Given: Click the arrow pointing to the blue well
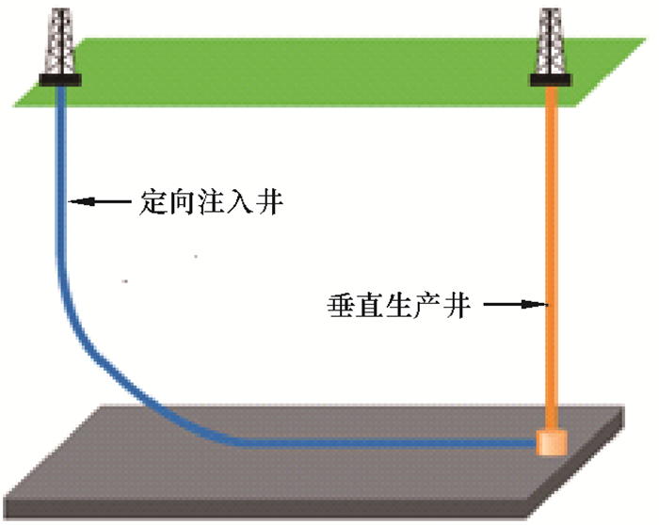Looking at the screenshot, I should click(100, 200).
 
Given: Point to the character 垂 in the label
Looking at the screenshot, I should click(343, 305).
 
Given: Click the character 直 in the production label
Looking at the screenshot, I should click(371, 305).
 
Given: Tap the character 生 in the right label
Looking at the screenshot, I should click(399, 305).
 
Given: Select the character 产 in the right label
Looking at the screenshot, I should click(428, 305).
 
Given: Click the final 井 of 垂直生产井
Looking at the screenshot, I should click(457, 305).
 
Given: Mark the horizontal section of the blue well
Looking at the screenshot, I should click(358, 441).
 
